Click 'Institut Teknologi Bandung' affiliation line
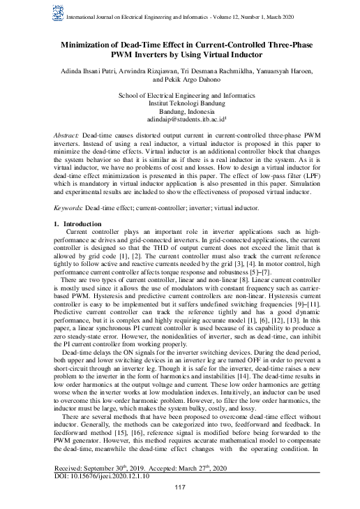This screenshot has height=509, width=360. (180, 102)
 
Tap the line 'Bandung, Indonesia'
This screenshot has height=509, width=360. (180, 111)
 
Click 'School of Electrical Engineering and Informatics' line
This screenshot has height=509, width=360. (180, 94)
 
